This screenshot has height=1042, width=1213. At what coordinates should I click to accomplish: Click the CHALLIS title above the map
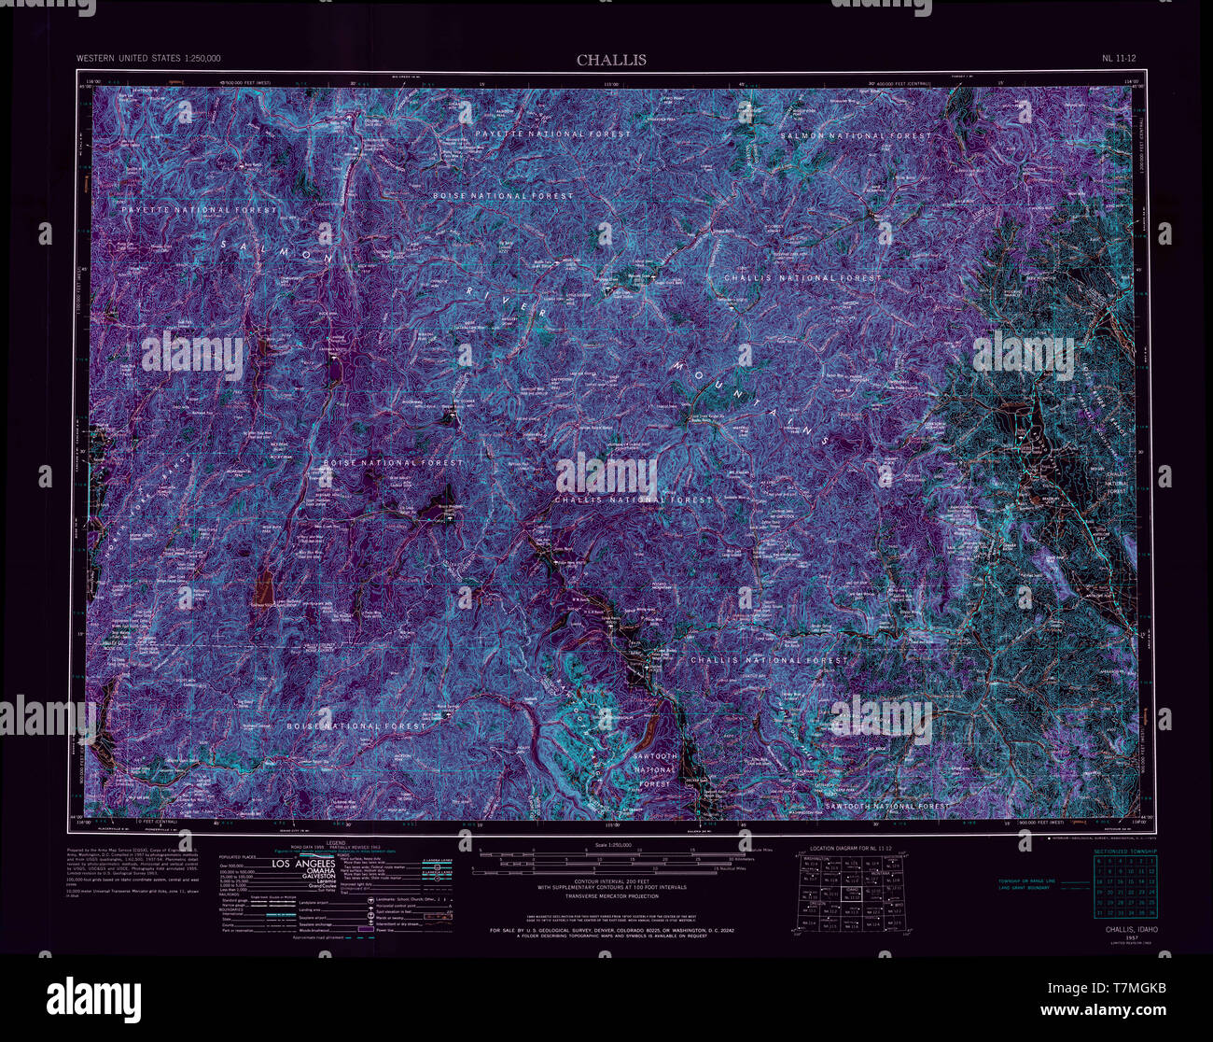coord(610,60)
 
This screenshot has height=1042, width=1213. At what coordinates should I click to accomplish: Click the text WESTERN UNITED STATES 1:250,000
coord(148,59)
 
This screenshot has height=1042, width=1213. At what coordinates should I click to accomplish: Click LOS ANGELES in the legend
coord(309,865)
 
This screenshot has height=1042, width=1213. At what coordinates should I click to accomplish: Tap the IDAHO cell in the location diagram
coord(850,894)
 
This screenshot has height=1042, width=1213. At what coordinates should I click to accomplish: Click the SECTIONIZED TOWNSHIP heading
coord(1124,852)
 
